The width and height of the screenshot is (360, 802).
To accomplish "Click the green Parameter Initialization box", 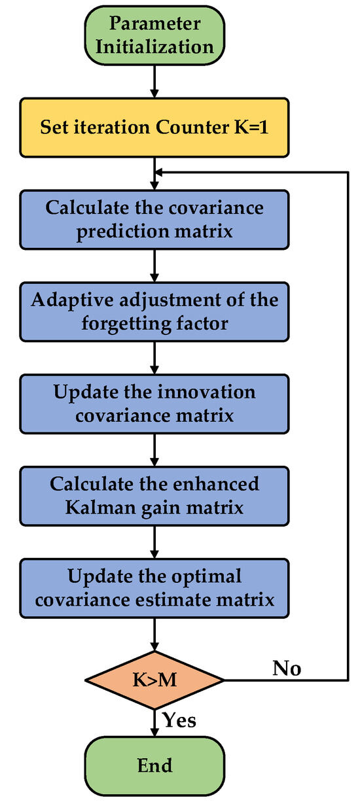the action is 154,35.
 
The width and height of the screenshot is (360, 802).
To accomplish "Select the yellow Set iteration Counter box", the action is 154,128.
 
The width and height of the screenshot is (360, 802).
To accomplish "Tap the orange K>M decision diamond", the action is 154,680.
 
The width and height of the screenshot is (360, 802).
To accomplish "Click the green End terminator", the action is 154,766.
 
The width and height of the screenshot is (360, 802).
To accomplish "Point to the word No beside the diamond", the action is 287,668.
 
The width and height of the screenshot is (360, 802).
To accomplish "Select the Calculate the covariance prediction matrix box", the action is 154,220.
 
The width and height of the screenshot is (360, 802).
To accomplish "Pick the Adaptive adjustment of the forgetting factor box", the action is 154,312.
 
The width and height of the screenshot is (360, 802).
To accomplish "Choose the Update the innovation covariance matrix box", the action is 154,404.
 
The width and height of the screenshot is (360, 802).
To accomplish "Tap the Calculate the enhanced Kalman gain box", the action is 154,497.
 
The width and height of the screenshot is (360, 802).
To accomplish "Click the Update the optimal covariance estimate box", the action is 154,588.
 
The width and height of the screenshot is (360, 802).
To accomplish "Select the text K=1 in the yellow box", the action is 251,127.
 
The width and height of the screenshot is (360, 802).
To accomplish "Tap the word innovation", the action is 206,392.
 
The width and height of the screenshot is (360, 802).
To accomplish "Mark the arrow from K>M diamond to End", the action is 154,723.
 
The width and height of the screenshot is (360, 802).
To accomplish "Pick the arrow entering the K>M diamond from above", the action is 154,635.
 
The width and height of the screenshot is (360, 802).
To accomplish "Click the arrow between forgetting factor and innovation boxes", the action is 154,358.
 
